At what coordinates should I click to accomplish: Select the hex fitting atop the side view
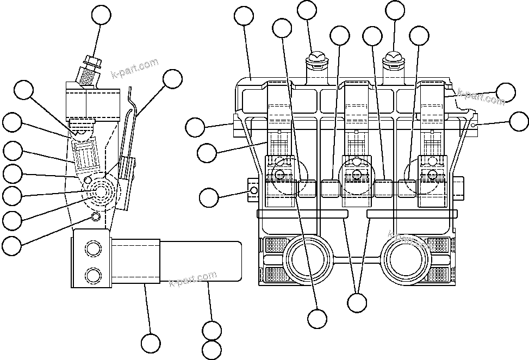92,62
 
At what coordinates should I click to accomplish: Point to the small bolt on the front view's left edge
253,190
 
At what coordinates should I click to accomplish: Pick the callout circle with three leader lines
357,302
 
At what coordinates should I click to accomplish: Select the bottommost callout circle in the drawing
211,350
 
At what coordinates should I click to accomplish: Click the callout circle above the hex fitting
101,15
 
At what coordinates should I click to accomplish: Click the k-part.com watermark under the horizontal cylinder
193,280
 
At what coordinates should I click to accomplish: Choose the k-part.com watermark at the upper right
481,97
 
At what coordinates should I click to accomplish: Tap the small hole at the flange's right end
474,125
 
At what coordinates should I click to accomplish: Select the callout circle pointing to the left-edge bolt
210,197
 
